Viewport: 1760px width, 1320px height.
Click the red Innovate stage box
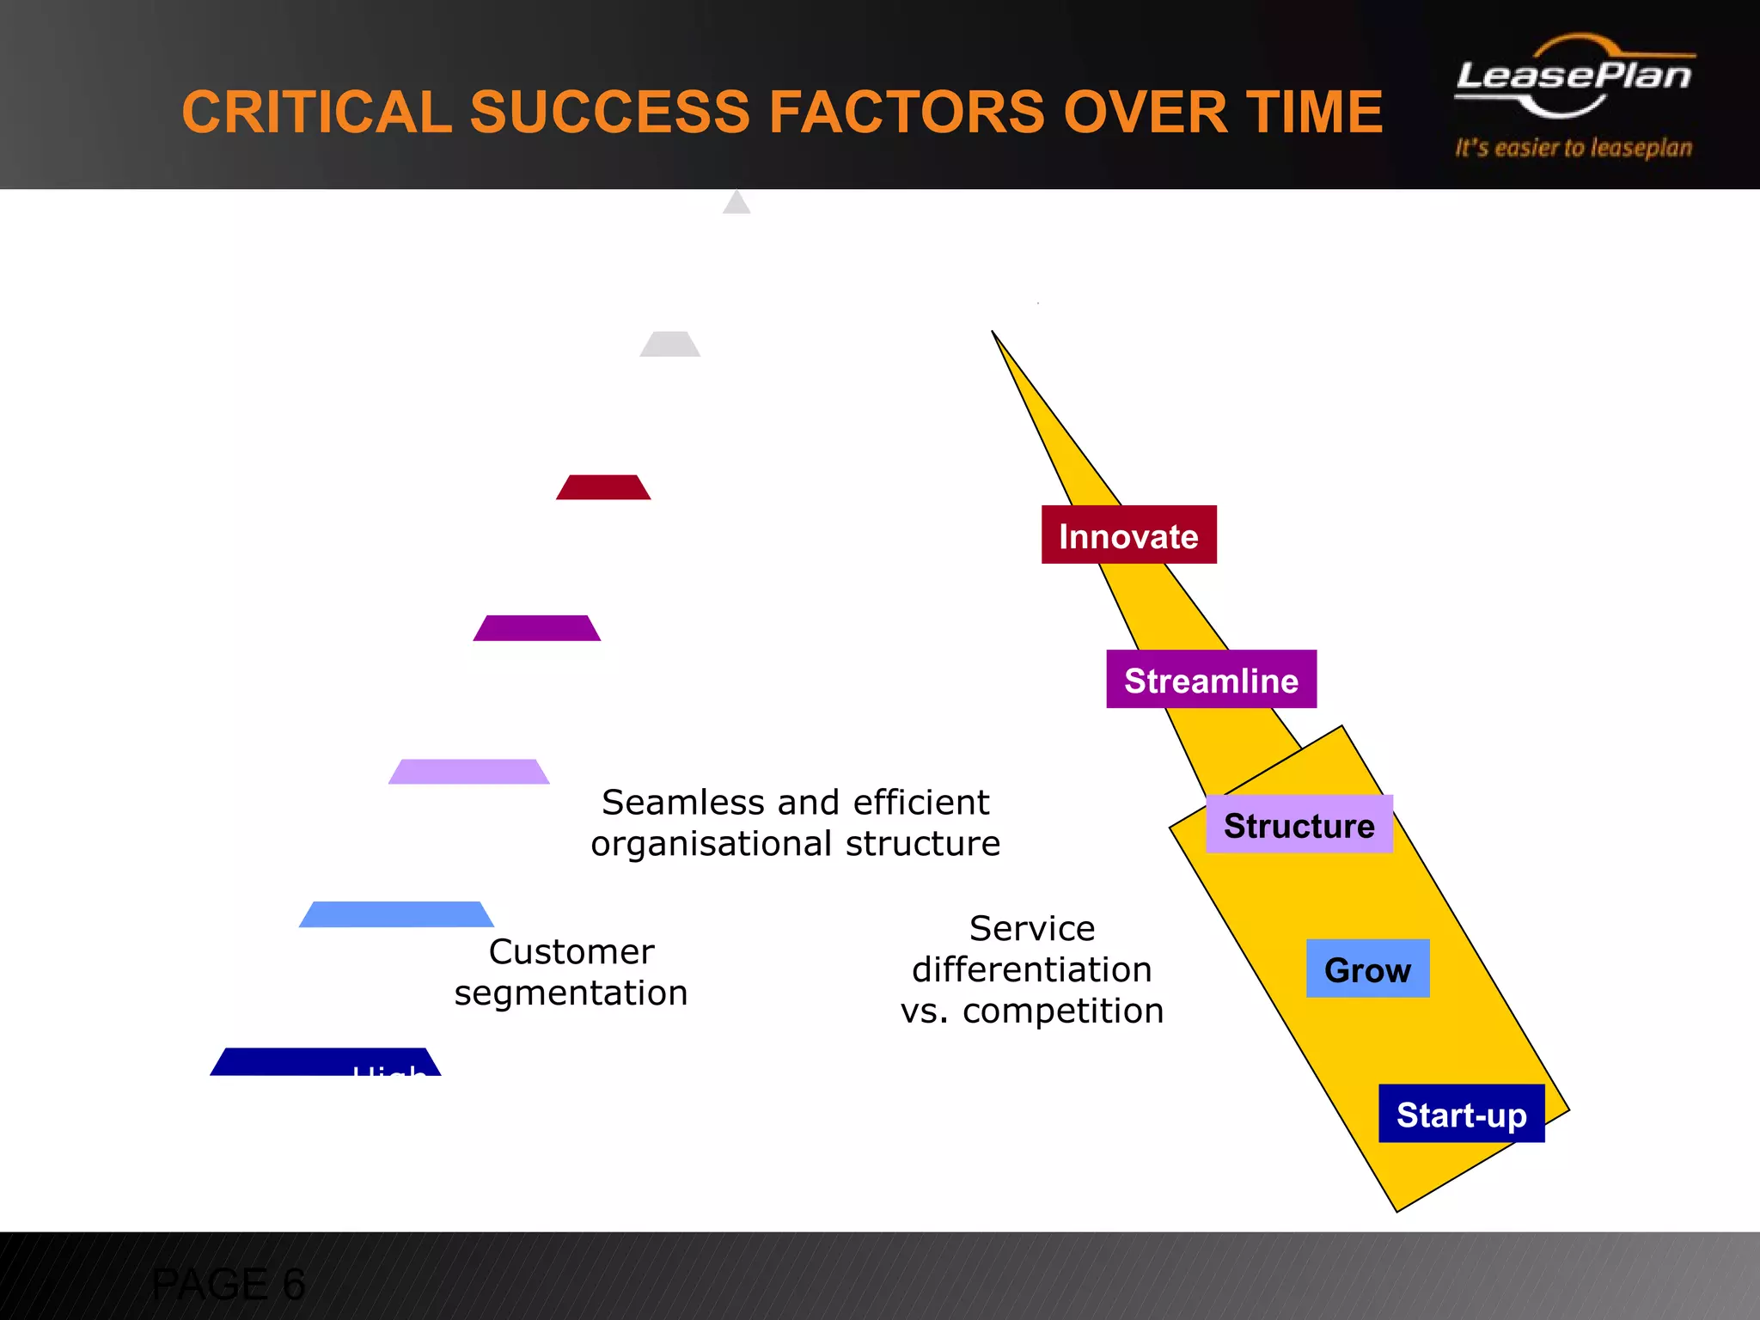(1128, 535)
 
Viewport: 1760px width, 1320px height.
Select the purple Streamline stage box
(1211, 679)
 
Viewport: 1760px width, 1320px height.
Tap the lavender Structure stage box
(1299, 824)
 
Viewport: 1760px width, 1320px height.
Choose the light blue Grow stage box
(1367, 969)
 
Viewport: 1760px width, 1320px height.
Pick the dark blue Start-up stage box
(1461, 1114)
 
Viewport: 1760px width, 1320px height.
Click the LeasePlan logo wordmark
(1574, 76)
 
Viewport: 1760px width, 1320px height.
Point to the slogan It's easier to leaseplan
(1573, 148)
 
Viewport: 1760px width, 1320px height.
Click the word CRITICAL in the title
(316, 113)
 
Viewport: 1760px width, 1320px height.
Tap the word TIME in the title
(1314, 113)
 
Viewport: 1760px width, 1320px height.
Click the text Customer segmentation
(571, 972)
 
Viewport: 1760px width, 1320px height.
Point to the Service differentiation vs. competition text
(1032, 969)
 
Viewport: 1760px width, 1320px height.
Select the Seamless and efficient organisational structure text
(796, 822)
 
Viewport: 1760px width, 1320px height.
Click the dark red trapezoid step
(603, 487)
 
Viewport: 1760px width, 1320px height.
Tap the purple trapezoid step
(536, 628)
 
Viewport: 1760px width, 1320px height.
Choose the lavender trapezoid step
(469, 772)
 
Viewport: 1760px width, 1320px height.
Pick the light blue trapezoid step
(396, 914)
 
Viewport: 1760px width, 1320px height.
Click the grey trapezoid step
(669, 344)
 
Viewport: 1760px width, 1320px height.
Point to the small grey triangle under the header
(736, 204)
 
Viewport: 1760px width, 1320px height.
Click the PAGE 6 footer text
(228, 1284)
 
